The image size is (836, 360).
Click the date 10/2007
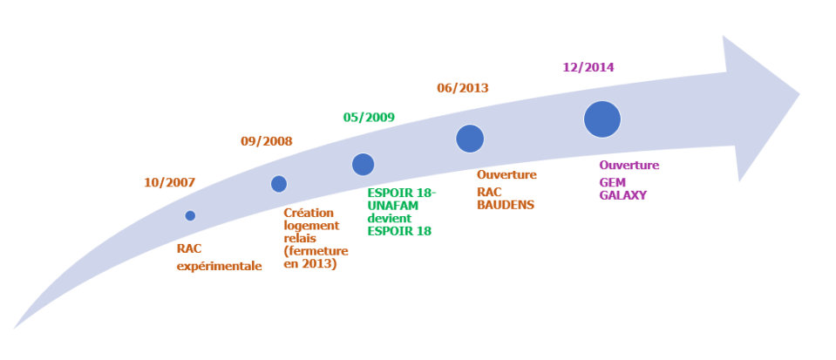pyautogui.click(x=169, y=183)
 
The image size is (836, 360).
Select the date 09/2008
pyautogui.click(x=266, y=141)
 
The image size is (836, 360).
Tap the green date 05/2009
pyautogui.click(x=370, y=117)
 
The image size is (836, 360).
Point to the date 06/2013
pyautogui.click(x=462, y=88)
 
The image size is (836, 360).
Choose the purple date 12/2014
pyautogui.click(x=588, y=67)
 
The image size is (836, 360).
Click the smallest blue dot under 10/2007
pyautogui.click(x=190, y=215)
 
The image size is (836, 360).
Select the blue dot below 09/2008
pyautogui.click(x=279, y=183)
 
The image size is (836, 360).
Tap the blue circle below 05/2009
pyautogui.click(x=363, y=164)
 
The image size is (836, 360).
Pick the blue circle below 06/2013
pyautogui.click(x=470, y=138)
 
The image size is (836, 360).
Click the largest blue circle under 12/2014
pyautogui.click(x=602, y=119)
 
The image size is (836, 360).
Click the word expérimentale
pyautogui.click(x=219, y=267)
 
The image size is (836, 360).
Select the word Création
pyautogui.click(x=309, y=213)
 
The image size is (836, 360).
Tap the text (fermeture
pyautogui.click(x=316, y=251)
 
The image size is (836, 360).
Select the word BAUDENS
pyautogui.click(x=506, y=206)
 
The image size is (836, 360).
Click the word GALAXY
pyautogui.click(x=622, y=196)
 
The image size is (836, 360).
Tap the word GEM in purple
pyautogui.click(x=613, y=182)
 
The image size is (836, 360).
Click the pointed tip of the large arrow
pyautogui.click(x=799, y=93)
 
